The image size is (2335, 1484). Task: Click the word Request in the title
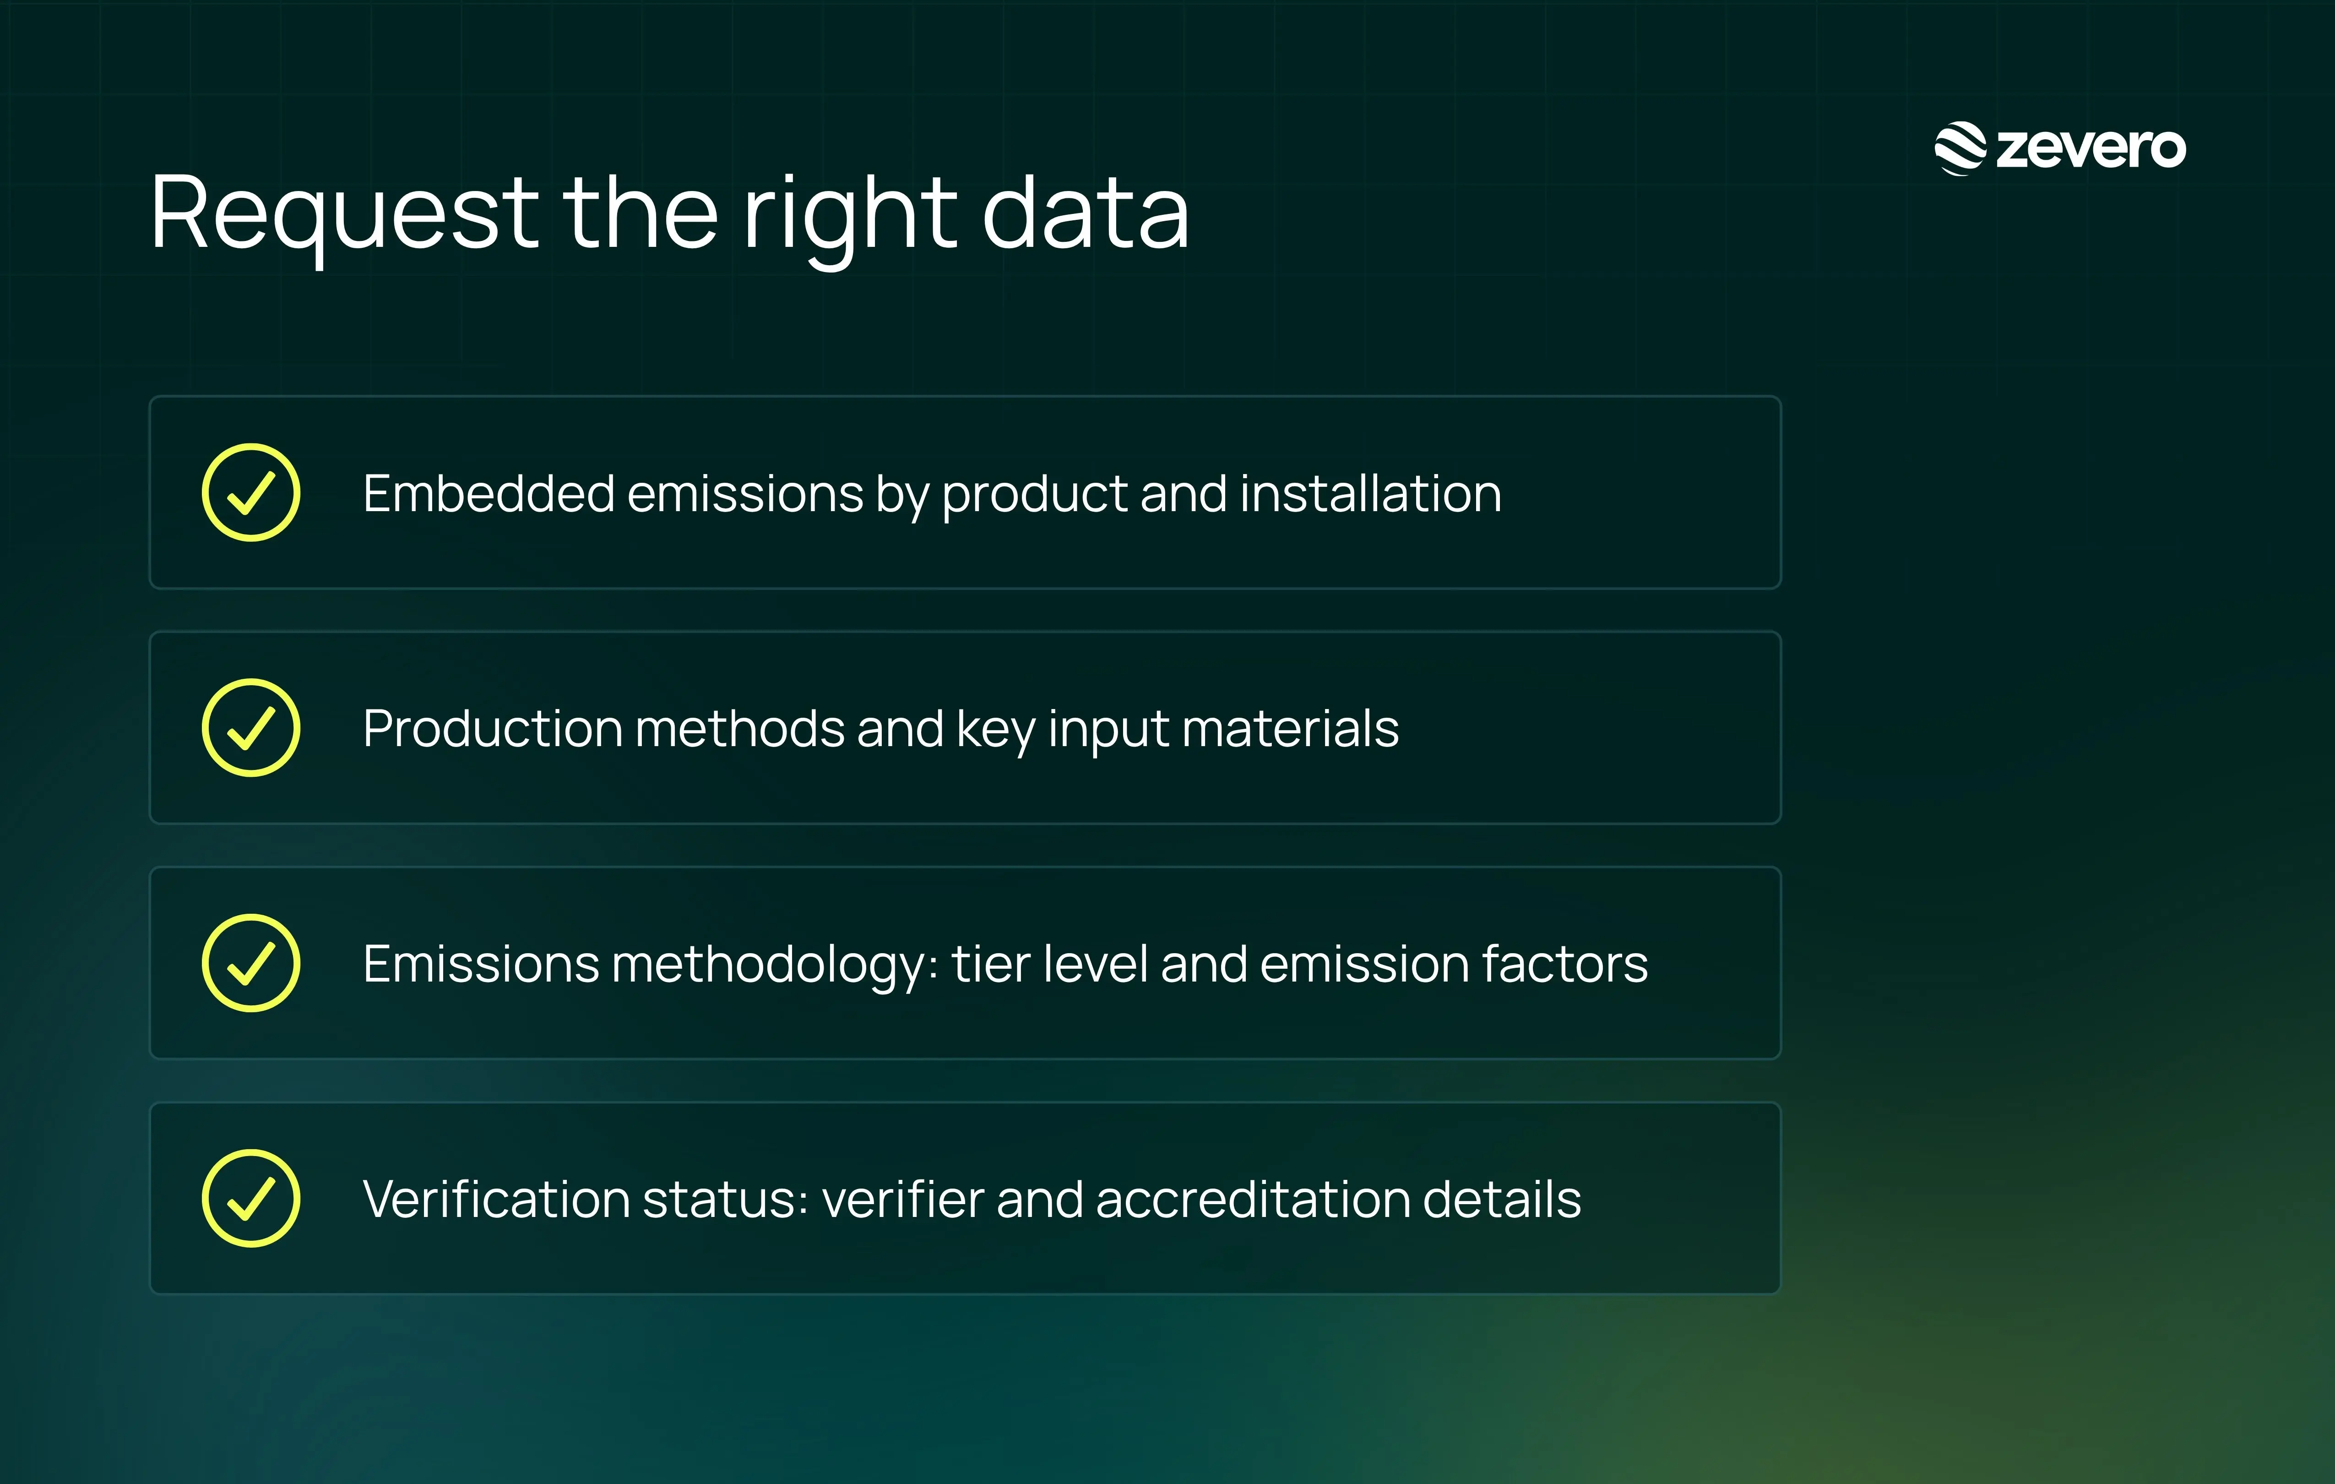pos(344,213)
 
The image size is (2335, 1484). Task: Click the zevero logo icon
pos(1960,148)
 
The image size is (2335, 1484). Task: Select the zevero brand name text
pos(2091,148)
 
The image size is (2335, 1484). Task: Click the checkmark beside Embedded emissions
pos(251,493)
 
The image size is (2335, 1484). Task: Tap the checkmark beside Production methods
pos(251,727)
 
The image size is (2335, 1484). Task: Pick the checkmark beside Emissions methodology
pos(251,963)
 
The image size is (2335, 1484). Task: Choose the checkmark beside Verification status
pos(251,1199)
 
